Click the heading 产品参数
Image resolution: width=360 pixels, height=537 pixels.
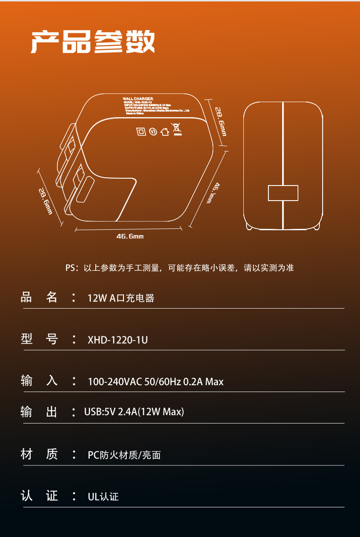[93, 42]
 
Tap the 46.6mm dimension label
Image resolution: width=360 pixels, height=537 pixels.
[130, 236]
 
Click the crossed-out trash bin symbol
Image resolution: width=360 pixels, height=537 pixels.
[176, 129]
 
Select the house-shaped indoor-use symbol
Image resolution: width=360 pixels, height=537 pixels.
[165, 132]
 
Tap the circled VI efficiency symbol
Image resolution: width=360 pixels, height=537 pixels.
[153, 132]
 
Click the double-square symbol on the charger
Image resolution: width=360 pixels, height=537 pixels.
[141, 132]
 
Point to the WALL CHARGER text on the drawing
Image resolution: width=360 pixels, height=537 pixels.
[138, 98]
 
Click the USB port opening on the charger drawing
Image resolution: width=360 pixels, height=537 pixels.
[85, 191]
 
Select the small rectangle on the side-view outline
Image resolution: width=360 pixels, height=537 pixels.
[283, 193]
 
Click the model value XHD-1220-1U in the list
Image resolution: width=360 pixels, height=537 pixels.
[118, 340]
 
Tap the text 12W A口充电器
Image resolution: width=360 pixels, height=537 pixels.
[121, 298]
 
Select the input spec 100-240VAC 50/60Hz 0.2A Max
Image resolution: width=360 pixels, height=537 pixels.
[155, 382]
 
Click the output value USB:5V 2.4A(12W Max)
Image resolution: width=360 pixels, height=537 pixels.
[134, 412]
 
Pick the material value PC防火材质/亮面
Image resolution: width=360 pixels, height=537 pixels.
[124, 455]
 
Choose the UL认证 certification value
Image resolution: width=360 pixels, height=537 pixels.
[103, 496]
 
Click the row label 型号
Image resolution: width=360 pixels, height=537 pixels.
[39, 339]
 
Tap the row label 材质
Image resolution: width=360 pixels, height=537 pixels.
[39, 454]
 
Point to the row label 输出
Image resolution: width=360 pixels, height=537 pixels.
[39, 412]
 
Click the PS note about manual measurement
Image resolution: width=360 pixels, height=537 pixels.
[180, 268]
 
